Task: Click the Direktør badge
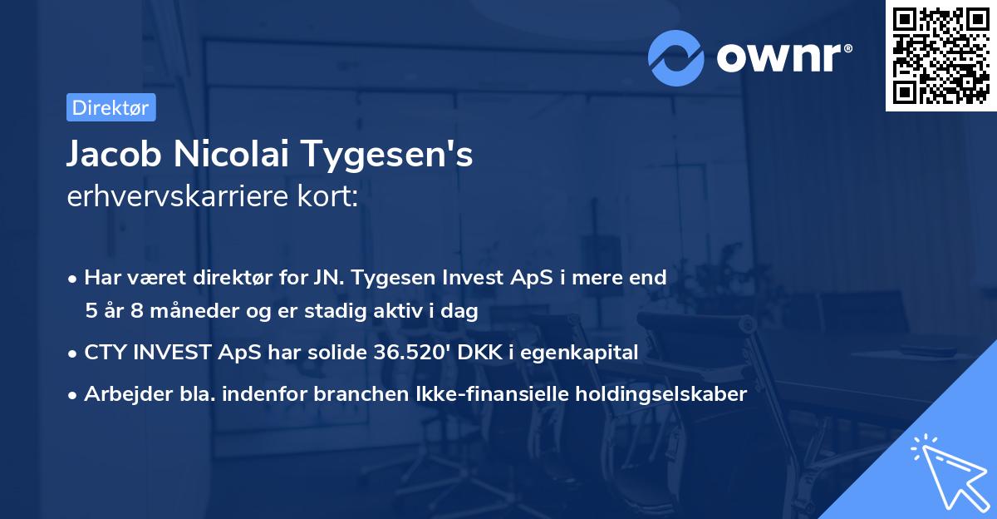coord(110,107)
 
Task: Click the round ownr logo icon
coord(676,57)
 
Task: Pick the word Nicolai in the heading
coord(233,156)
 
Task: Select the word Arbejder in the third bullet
coord(121,394)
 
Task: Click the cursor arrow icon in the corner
coord(947,471)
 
